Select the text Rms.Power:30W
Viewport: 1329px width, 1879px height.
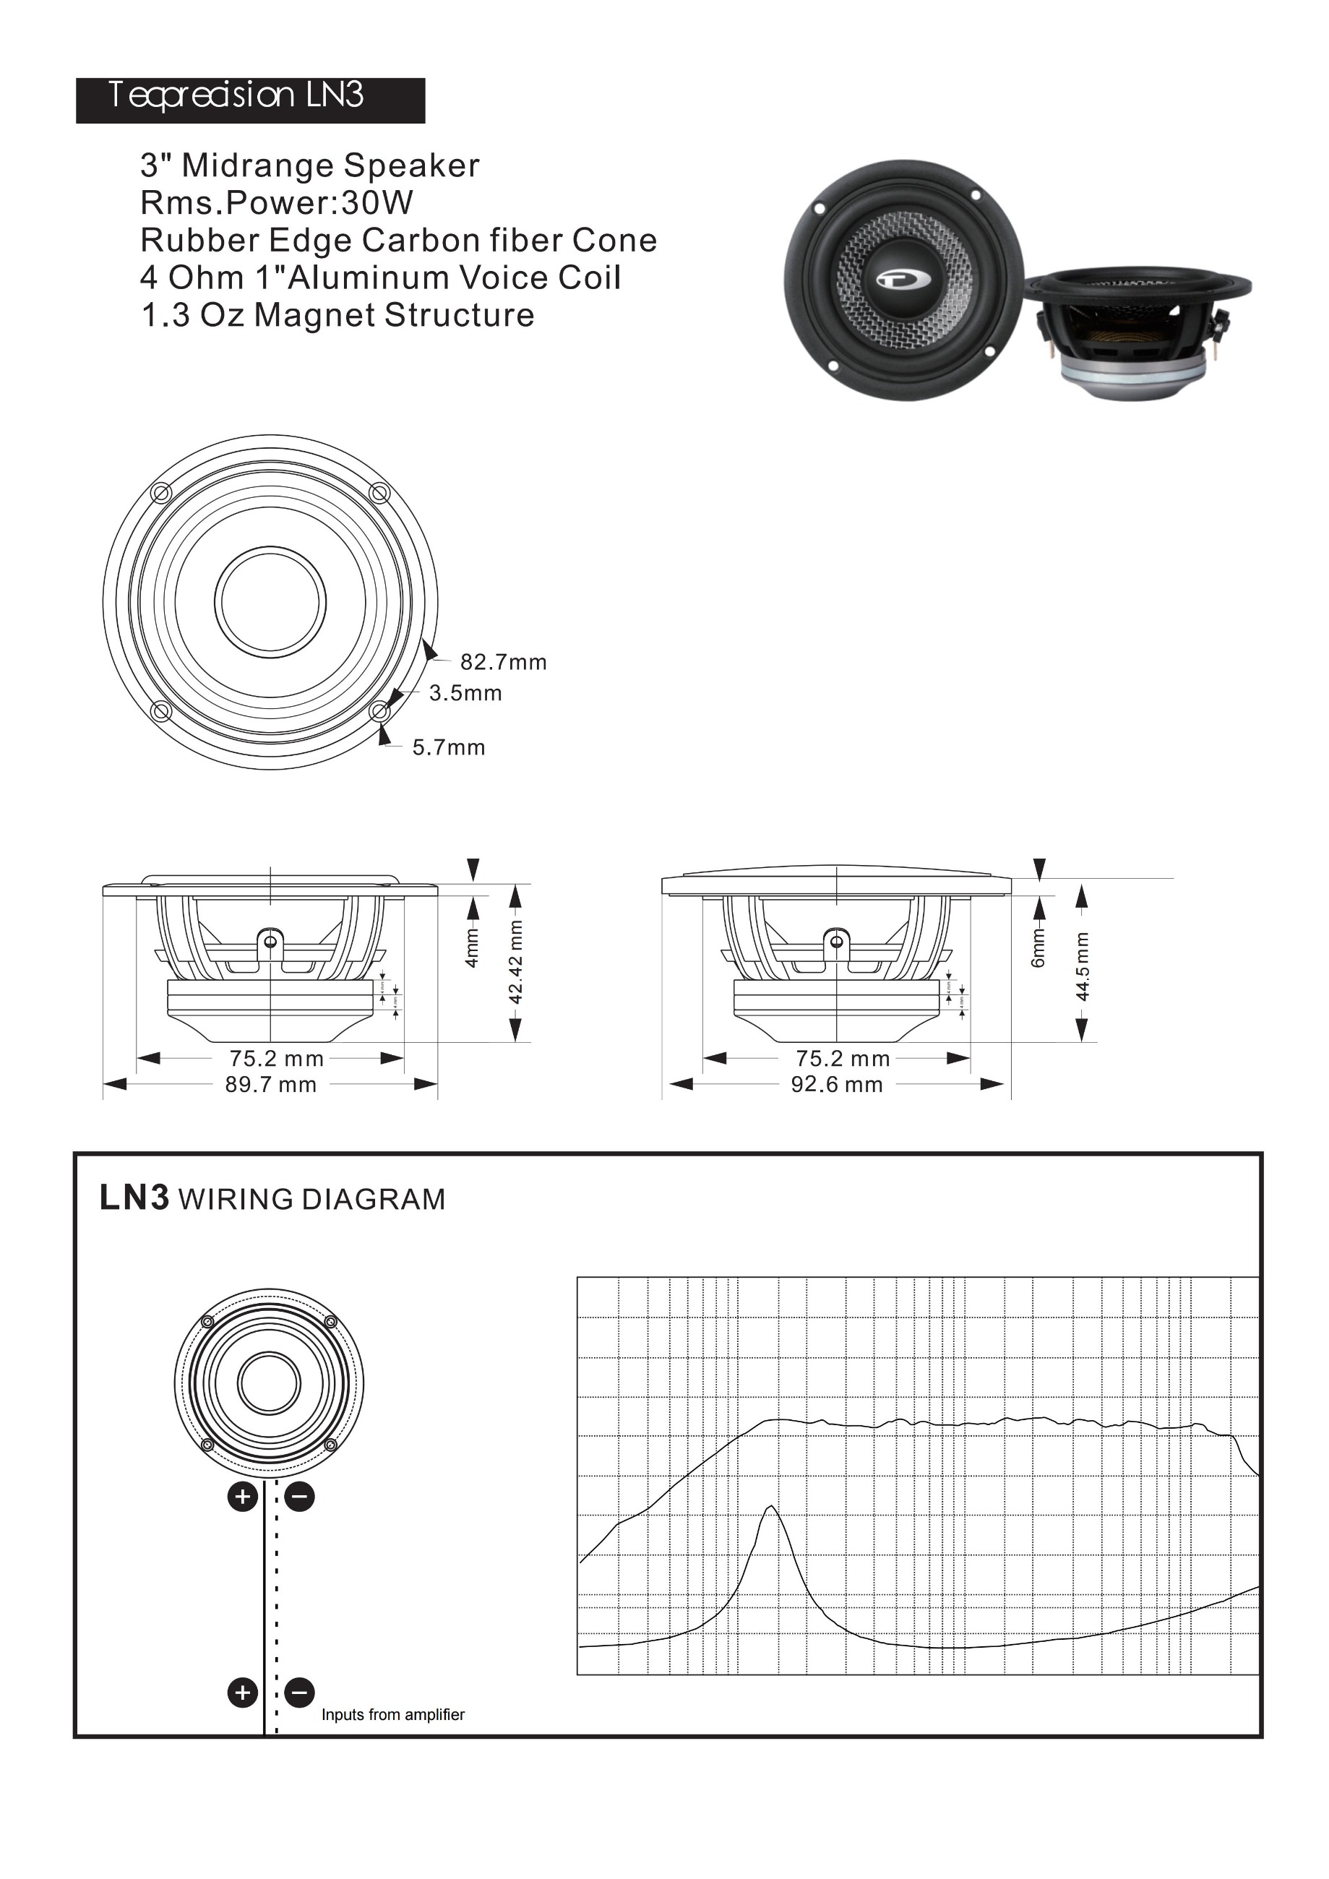coord(277,202)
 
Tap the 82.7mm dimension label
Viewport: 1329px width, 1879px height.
coord(502,662)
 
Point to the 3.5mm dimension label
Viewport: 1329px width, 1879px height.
coord(465,693)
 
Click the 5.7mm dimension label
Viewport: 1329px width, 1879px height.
coord(449,747)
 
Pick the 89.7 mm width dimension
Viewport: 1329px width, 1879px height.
coord(271,1085)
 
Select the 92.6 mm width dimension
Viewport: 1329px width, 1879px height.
coord(836,1085)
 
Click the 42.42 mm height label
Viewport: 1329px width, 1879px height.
coord(515,963)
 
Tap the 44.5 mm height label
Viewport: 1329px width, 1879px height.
coord(1082,966)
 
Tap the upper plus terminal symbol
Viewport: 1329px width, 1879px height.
coord(242,1497)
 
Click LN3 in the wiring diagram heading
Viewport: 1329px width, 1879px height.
coord(134,1198)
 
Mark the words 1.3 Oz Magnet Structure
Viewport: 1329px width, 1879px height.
coord(337,315)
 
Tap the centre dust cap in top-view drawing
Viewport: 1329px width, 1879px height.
coord(270,602)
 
